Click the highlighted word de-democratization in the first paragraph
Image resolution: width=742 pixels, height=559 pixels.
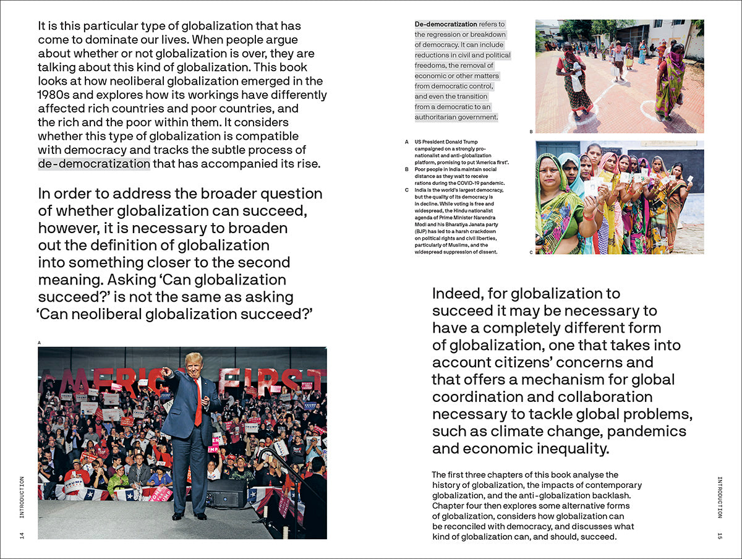(94, 164)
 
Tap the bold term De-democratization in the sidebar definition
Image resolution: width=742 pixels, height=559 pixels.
(446, 25)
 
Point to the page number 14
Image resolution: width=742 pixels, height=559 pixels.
(22, 535)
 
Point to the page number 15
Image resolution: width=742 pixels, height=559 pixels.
(720, 535)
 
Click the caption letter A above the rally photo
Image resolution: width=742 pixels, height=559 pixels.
(40, 342)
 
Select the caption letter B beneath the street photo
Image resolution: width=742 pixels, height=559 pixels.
(531, 132)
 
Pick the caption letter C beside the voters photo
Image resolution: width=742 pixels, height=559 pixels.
(531, 252)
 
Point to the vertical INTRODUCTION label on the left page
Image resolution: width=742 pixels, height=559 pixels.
(22, 497)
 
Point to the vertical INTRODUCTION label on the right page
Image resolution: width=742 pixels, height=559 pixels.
(720, 497)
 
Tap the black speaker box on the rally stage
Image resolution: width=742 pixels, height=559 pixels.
(226, 493)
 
